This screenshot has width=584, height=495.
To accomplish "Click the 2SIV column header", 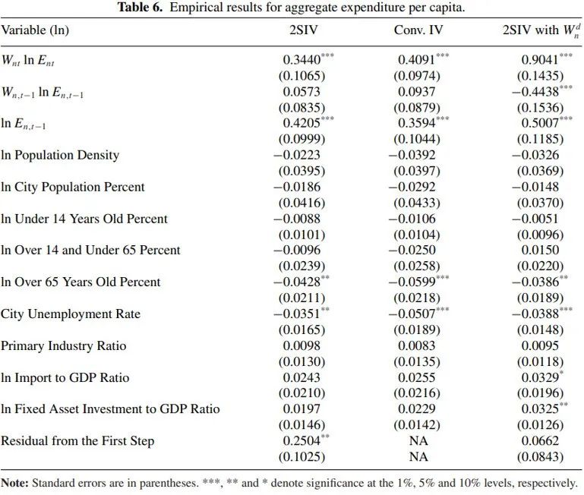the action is click(x=304, y=30).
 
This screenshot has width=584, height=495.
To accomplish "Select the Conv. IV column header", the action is click(x=418, y=30).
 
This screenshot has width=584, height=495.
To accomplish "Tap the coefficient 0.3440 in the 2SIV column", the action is click(x=301, y=59).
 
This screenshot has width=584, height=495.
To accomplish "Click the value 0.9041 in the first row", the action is click(x=540, y=59).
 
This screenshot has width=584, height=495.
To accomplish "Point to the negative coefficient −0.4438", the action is click(x=535, y=92).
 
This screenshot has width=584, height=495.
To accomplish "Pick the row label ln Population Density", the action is click(x=60, y=156).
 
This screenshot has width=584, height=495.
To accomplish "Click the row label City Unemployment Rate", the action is click(x=71, y=314).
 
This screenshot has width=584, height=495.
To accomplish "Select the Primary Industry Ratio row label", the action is click(x=63, y=346).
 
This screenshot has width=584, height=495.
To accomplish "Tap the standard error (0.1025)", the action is click(x=301, y=457).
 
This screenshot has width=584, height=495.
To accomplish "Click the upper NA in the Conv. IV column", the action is click(x=418, y=441).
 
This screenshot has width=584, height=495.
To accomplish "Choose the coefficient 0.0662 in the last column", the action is click(x=540, y=441).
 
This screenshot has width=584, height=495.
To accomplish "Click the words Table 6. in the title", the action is click(x=140, y=7).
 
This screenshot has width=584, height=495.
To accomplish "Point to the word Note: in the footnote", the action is click(x=14, y=483).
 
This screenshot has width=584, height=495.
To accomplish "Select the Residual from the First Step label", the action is click(x=77, y=441).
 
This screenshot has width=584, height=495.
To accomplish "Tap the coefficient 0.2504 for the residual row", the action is click(x=301, y=441).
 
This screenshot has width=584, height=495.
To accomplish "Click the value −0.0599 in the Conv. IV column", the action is click(x=412, y=282).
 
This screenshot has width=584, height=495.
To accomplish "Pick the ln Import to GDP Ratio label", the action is click(x=65, y=378).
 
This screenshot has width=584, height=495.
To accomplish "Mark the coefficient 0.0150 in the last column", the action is click(x=540, y=251).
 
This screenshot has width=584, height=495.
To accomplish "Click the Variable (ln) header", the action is click(x=35, y=30).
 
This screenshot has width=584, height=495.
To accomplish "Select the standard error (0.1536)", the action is click(x=540, y=108).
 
